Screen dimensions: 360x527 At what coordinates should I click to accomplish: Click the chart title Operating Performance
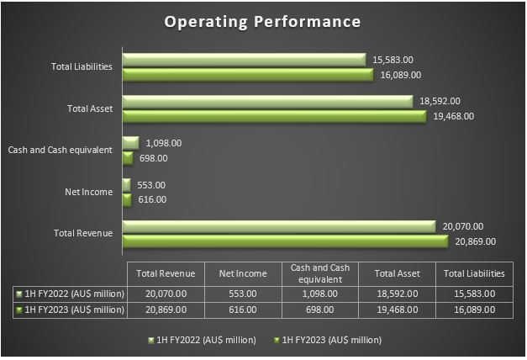tap(263, 21)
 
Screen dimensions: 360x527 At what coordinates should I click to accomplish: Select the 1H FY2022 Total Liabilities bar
tap(244, 60)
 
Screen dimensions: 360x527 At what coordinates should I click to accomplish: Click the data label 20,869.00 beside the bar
tap(475, 241)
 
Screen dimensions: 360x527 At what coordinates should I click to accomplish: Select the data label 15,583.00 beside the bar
tap(392, 60)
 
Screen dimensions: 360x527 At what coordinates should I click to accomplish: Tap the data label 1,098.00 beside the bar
tap(163, 143)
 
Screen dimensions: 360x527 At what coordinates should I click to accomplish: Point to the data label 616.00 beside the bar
tap(151, 199)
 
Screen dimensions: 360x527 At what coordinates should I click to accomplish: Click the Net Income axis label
tap(88, 192)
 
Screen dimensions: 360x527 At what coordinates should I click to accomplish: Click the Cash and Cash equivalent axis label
tap(60, 150)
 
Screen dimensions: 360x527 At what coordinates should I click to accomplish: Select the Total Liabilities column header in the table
tap(473, 273)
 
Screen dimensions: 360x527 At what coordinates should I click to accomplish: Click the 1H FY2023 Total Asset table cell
tap(396, 310)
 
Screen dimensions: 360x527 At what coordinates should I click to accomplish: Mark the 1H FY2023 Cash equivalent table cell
tap(319, 310)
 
